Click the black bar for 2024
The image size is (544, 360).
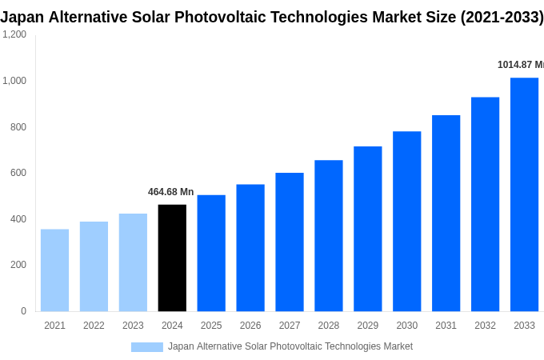click(172, 258)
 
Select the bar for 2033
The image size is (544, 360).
click(524, 194)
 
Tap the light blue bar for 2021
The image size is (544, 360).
click(54, 270)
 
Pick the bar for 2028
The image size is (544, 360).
click(328, 236)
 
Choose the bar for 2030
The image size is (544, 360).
click(406, 222)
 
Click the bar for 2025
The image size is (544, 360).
click(211, 253)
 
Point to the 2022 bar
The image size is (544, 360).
click(94, 266)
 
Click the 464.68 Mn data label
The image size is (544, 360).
click(170, 192)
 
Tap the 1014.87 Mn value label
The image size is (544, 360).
click(520, 65)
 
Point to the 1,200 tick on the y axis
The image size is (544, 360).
click(14, 34)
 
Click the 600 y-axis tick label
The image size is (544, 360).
click(18, 173)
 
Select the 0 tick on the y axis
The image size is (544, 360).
click(23, 311)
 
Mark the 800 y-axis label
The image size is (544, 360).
click(18, 127)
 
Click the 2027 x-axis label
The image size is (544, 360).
click(290, 326)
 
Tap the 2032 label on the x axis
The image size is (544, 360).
click(485, 326)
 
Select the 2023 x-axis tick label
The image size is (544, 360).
click(133, 326)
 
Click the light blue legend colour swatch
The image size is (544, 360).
click(146, 346)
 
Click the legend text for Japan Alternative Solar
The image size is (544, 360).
click(290, 346)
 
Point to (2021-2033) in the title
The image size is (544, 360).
click(502, 17)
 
